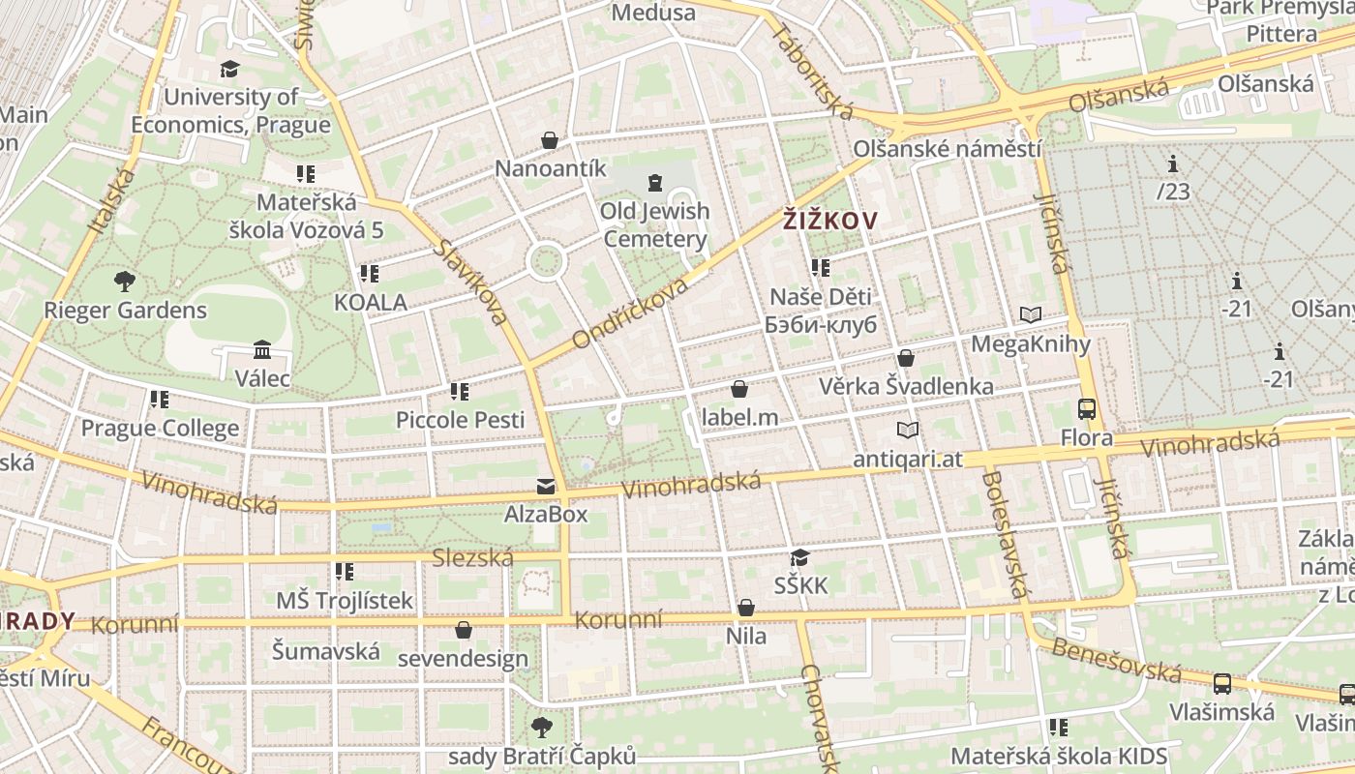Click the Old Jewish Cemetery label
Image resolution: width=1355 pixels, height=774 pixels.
pyautogui.click(x=655, y=224)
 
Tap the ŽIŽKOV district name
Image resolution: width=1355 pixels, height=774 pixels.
pyautogui.click(x=829, y=221)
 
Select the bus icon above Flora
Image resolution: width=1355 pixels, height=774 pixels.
pyautogui.click(x=1087, y=409)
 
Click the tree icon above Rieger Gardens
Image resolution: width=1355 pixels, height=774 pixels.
pyautogui.click(x=125, y=282)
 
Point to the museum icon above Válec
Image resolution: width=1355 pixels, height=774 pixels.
pyautogui.click(x=262, y=349)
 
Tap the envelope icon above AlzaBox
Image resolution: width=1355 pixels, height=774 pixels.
pyautogui.click(x=546, y=486)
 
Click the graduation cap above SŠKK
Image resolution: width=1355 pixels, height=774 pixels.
pyautogui.click(x=799, y=557)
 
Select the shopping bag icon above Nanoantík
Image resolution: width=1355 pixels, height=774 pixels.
pyautogui.click(x=550, y=140)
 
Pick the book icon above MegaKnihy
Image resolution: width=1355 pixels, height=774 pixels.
pyautogui.click(x=1031, y=315)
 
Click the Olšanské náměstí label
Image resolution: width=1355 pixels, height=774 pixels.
pyautogui.click(x=948, y=149)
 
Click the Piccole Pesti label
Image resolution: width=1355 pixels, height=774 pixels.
pyautogui.click(x=461, y=420)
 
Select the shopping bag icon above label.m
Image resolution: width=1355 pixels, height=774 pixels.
pyautogui.click(x=739, y=389)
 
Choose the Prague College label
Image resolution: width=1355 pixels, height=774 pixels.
pyautogui.click(x=160, y=428)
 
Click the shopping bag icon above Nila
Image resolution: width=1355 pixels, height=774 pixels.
pyautogui.click(x=746, y=608)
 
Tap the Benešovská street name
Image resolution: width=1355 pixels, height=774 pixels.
pyautogui.click(x=1116, y=660)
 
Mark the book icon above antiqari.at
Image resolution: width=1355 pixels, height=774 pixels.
pyautogui.click(x=908, y=431)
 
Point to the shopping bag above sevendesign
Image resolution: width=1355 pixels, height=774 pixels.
pyautogui.click(x=464, y=631)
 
